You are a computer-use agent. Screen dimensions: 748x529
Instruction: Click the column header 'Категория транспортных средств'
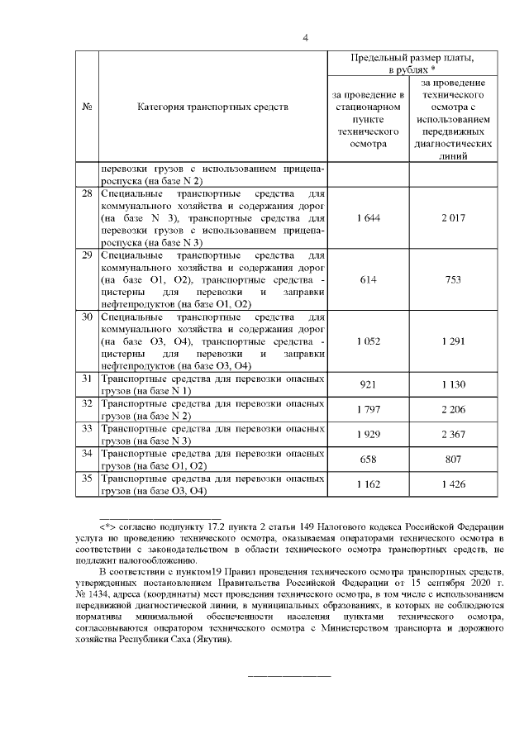coord(213,107)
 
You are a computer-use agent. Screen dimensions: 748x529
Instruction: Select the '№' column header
coord(87,107)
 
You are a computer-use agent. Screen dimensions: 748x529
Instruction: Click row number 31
coord(87,379)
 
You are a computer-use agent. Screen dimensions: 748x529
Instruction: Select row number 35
coord(87,479)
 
